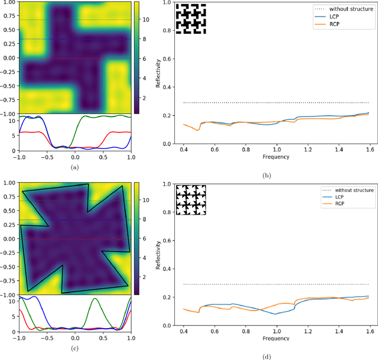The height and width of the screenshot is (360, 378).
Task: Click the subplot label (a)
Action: click(x=74, y=167)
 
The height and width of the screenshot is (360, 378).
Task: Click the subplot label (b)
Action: click(x=265, y=176)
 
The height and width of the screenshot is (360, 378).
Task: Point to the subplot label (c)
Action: click(x=74, y=348)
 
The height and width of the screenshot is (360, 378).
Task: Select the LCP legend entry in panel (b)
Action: click(x=336, y=17)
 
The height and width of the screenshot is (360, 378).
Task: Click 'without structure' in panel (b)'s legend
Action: click(x=350, y=9)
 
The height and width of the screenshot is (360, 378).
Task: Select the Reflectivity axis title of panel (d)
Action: click(x=158, y=254)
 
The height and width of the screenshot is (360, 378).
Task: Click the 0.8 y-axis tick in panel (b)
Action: click(x=167, y=30)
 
